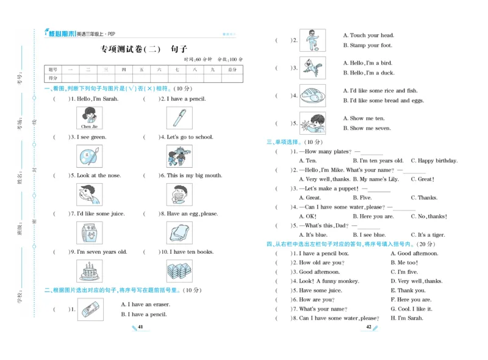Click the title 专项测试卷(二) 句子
point(143,49)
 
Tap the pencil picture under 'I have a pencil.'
point(179,118)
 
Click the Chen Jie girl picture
point(89,118)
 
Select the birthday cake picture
point(89,270)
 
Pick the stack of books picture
point(179,270)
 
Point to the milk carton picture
point(89,232)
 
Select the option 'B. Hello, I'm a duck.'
point(368,73)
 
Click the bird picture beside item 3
point(312,68)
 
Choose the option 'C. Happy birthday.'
point(434,160)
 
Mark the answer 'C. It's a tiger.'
point(428,234)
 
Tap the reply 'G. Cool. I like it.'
point(414,309)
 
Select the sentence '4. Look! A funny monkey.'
point(326,281)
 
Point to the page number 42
point(368,328)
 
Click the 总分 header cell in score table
point(232,70)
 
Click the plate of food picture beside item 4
point(312,96)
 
